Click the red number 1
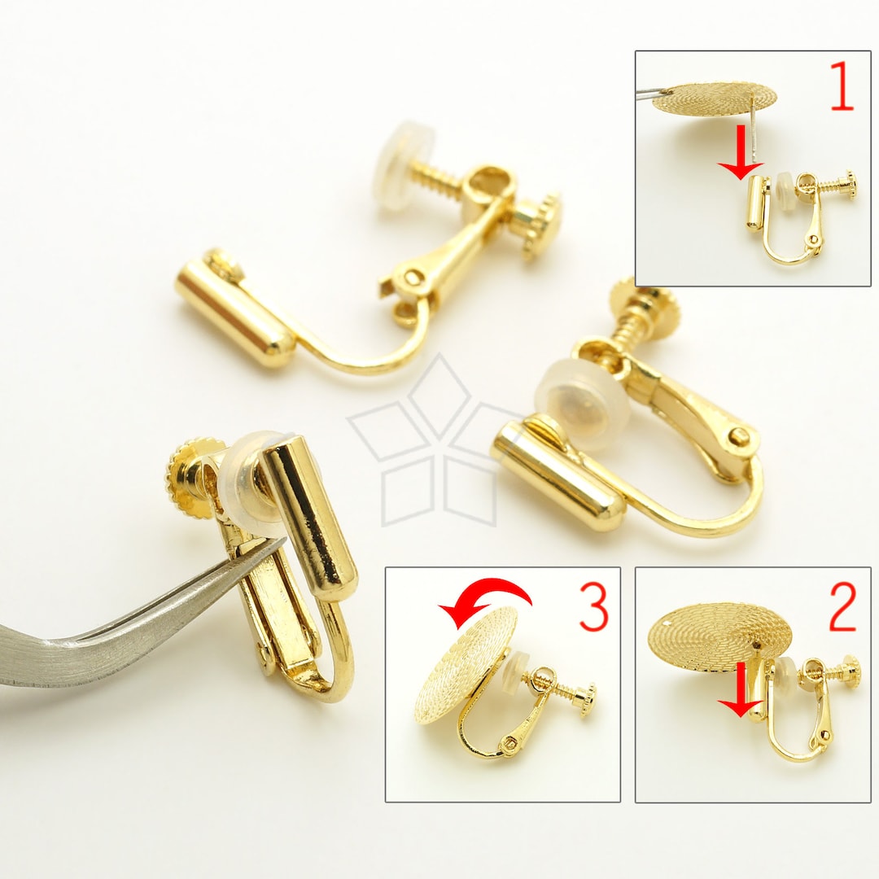tap(841, 89)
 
